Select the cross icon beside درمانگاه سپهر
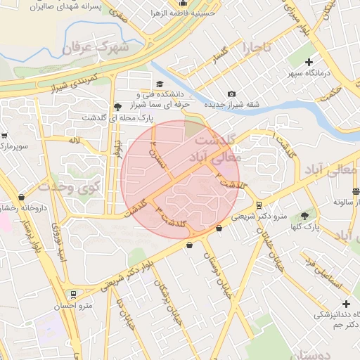[x=308, y=62]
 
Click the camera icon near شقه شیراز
[x=232, y=94]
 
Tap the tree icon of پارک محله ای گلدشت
[x=117, y=107]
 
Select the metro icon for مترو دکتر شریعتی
[x=259, y=206]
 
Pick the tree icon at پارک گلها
[x=304, y=216]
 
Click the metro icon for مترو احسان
[x=73, y=294]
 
